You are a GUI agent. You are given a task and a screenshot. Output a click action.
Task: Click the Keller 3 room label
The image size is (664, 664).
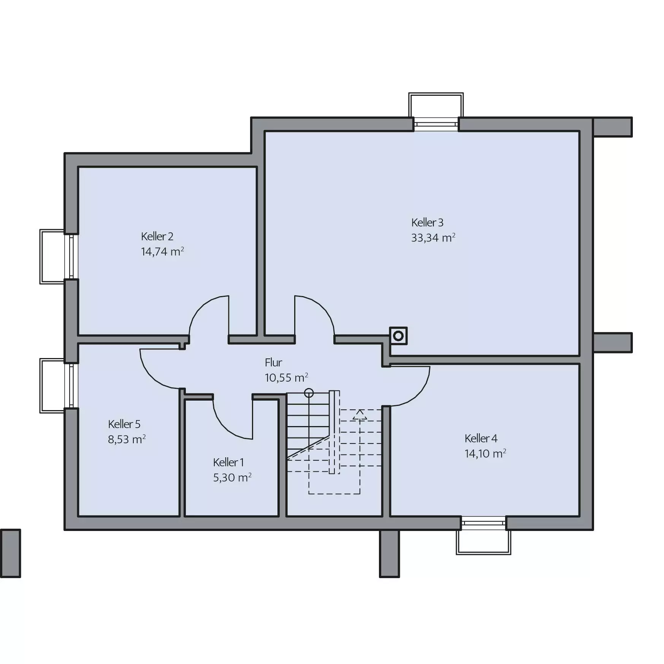427,222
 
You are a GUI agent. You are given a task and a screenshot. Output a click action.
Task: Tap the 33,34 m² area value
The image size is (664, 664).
433,238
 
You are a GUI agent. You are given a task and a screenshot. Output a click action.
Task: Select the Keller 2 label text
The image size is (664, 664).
157,236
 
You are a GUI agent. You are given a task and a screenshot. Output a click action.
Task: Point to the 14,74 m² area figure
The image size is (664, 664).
162,252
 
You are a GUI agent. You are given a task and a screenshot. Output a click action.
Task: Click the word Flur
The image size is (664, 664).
274,363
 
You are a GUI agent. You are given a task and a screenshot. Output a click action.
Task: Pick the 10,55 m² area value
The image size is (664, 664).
286,377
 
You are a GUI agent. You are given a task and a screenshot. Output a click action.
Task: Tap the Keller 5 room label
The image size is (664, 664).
124,424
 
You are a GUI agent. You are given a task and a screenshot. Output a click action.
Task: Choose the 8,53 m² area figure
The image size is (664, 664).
127,439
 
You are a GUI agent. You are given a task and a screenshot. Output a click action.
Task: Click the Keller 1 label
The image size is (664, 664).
228,462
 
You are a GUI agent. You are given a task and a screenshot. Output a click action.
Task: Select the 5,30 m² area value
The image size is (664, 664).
232,477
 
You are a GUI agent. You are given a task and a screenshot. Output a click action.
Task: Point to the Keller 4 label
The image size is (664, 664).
481,438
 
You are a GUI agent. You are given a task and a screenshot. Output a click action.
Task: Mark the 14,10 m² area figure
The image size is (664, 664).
485,453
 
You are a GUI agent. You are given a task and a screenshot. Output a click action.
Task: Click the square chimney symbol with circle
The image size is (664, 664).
398,336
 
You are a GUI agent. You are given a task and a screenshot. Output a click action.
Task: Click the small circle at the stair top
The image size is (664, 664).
309,393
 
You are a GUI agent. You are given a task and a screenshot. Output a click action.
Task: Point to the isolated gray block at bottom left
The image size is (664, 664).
10,553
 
